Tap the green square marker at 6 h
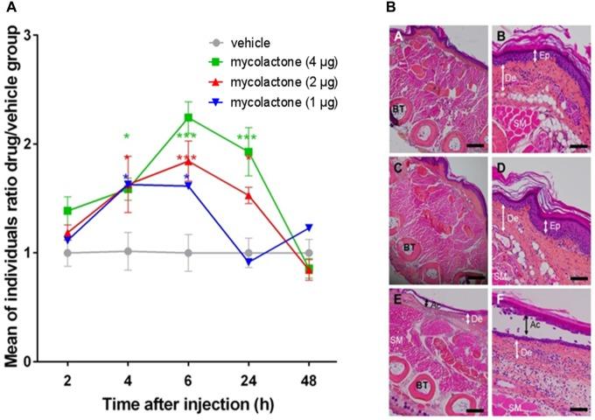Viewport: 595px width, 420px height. tap(188, 117)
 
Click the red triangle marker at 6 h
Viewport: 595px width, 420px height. tap(188, 161)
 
